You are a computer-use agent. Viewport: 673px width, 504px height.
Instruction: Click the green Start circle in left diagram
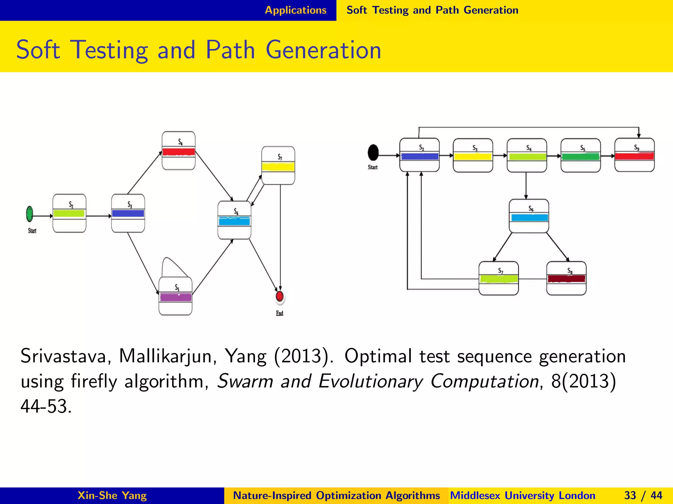click(30, 214)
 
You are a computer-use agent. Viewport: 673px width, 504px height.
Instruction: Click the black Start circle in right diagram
click(373, 152)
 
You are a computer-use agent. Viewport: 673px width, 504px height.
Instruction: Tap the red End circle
click(280, 296)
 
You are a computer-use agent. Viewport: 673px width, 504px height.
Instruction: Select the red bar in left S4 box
click(179, 152)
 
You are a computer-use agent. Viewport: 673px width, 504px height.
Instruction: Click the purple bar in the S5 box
click(175, 297)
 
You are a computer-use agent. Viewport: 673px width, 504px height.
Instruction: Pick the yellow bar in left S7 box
click(278, 167)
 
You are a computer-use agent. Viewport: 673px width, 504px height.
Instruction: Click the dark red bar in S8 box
click(566, 279)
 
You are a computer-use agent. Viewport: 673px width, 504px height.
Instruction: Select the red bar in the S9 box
click(634, 156)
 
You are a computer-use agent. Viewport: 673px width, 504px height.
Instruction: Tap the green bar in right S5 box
click(580, 157)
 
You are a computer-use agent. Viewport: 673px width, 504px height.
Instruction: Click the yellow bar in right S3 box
click(473, 157)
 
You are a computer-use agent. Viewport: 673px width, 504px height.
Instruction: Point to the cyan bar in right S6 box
click(529, 218)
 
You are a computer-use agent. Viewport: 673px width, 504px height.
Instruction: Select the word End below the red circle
click(280, 313)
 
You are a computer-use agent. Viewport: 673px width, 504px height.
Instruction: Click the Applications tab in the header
click(295, 10)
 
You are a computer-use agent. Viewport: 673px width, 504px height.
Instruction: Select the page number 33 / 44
click(643, 495)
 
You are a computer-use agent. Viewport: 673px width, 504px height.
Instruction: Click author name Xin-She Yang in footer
click(112, 495)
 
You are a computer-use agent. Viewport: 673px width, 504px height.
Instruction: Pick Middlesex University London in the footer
click(522, 495)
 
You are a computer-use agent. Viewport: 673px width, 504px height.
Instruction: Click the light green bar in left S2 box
click(69, 214)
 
